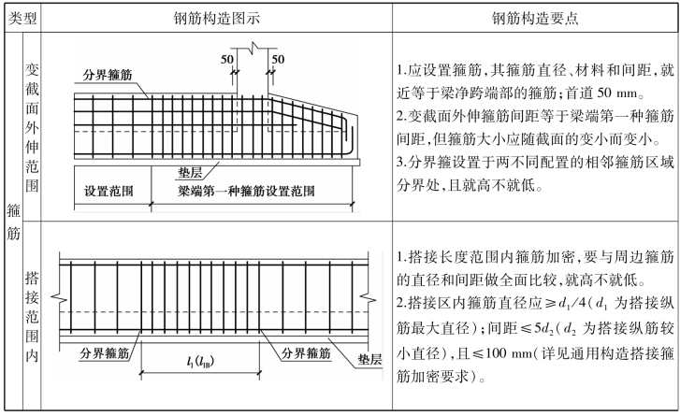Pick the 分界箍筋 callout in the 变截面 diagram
click(x=104, y=75)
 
